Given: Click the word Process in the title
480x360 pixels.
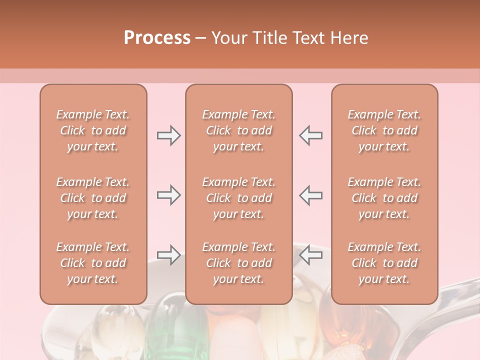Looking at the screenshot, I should click(x=157, y=38).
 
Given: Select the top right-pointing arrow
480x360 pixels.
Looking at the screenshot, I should click(x=168, y=135).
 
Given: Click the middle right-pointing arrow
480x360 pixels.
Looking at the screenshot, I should click(x=168, y=195).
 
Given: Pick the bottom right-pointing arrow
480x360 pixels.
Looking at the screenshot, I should click(x=168, y=255).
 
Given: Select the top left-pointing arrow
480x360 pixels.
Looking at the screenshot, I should click(x=311, y=135).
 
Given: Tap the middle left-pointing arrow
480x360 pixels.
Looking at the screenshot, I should click(x=311, y=195).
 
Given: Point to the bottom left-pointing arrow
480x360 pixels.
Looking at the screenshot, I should click(x=311, y=255).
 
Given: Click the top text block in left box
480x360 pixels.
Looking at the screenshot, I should click(x=93, y=130).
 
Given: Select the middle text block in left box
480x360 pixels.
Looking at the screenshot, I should click(x=93, y=198).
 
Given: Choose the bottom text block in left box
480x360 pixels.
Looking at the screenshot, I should click(x=93, y=263).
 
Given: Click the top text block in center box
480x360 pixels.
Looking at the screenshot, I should click(x=239, y=130).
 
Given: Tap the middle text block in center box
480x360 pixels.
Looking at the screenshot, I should click(x=239, y=198).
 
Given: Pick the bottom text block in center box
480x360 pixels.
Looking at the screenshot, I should click(x=239, y=263).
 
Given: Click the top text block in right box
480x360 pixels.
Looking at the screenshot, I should click(x=384, y=130).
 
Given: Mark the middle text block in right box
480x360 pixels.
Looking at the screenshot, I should click(x=384, y=198).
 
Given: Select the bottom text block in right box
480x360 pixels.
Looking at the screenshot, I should click(x=384, y=263).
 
